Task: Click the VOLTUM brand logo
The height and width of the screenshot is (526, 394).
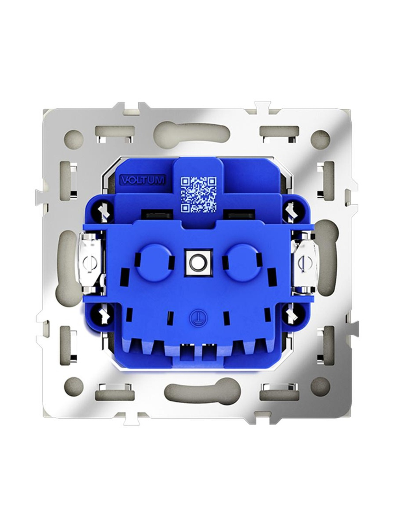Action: pos(142,180)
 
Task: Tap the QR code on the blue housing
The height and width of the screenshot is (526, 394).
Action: pos(199,195)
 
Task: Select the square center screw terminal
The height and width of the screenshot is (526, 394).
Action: pos(197,263)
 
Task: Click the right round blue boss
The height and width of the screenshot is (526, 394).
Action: pos(242,263)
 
